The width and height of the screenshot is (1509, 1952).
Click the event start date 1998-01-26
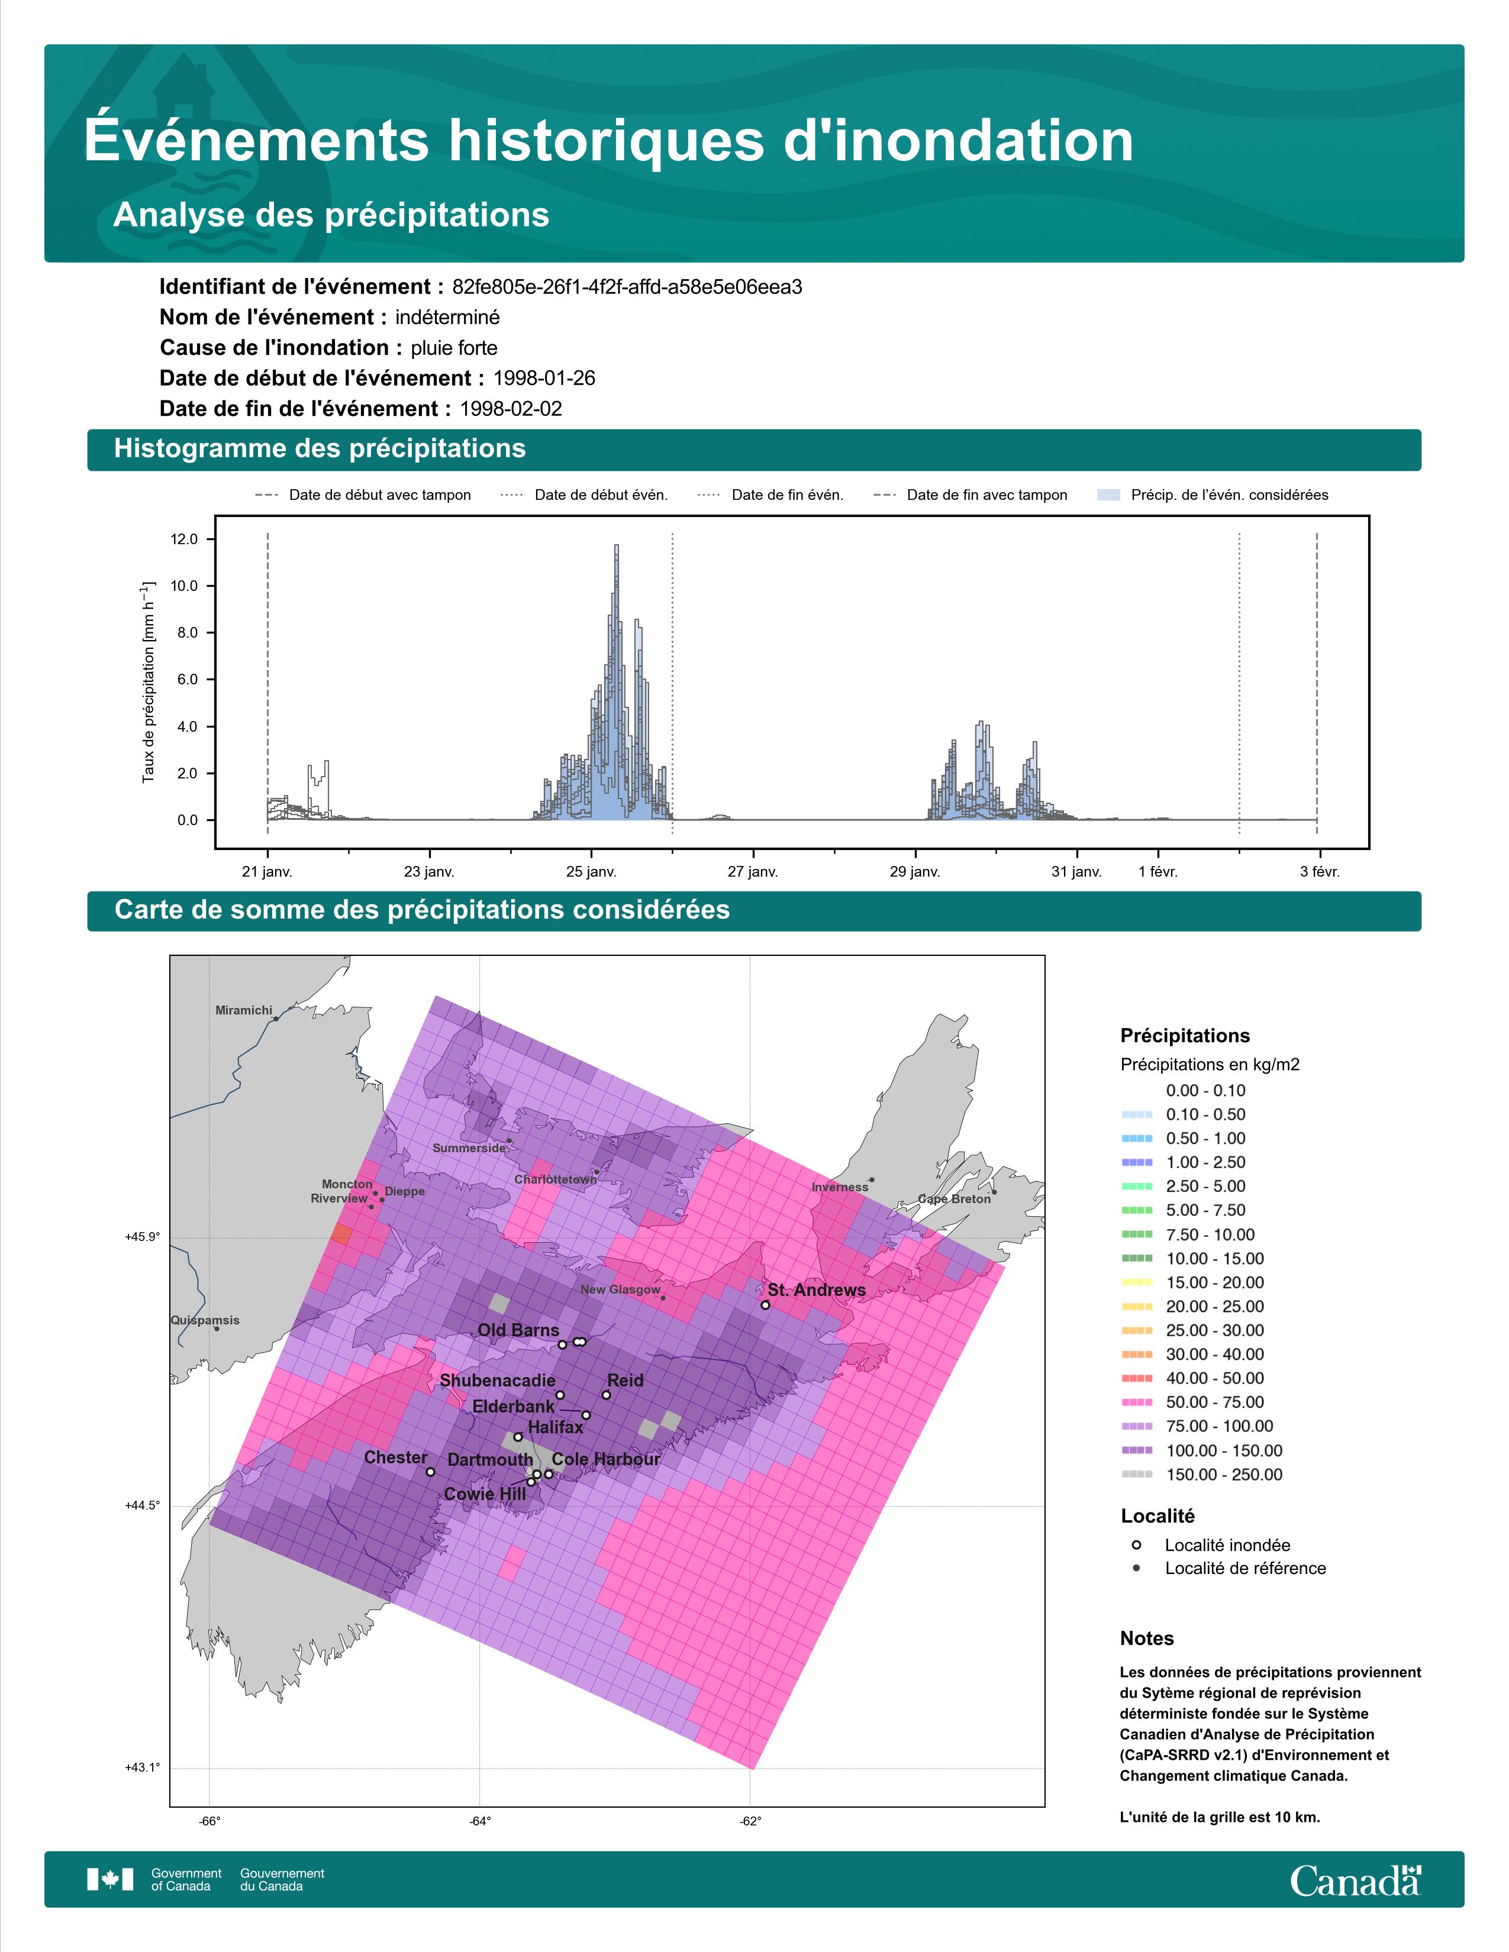click(x=543, y=378)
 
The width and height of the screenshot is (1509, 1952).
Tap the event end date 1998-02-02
click(x=511, y=409)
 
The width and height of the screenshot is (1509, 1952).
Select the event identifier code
click(x=627, y=287)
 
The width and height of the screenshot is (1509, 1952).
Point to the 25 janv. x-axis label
click(x=591, y=871)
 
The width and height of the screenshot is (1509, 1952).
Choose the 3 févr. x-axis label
click(x=1320, y=871)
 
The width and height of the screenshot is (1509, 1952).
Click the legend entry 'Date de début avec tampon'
click(x=363, y=495)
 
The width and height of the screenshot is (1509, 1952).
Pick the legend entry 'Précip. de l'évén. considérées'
click(x=1213, y=495)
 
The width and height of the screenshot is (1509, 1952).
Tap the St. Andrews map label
click(x=816, y=1290)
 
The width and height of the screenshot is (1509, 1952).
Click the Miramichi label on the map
click(x=244, y=1010)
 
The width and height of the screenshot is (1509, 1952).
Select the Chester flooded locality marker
click(x=430, y=1471)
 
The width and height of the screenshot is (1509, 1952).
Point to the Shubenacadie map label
click(x=497, y=1380)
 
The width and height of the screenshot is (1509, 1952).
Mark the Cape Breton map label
click(x=954, y=1198)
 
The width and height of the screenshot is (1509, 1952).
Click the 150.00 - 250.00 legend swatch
click(x=1136, y=1475)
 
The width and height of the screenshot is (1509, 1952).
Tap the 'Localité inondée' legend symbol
click(x=1136, y=1544)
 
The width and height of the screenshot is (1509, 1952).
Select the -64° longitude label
click(x=479, y=1821)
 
